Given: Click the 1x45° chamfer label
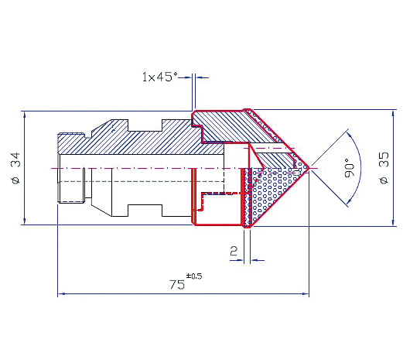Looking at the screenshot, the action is (x=160, y=77).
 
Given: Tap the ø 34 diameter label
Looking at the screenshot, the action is (x=15, y=168).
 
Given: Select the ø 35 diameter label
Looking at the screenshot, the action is (x=384, y=168).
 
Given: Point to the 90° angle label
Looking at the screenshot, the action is (x=350, y=168).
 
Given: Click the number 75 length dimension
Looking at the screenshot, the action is (x=177, y=285).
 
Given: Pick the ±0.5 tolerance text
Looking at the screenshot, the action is (x=194, y=276).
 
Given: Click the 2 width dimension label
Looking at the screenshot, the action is (x=234, y=251).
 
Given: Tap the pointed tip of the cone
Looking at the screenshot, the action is (x=309, y=168).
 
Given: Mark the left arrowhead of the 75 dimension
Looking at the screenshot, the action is (x=60, y=293).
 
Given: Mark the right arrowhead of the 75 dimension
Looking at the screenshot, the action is (x=306, y=293).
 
